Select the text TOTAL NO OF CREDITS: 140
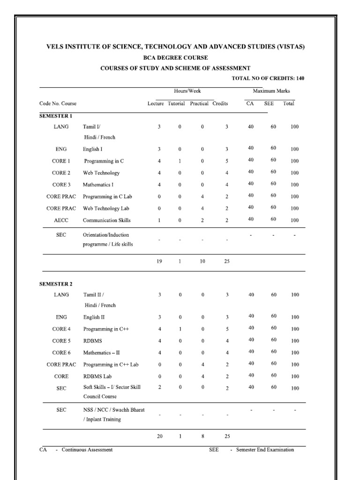268,78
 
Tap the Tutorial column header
176,104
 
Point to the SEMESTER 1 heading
55,116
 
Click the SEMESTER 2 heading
55,284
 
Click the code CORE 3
61,185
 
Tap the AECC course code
61,220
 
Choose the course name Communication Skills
107,220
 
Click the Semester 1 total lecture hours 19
159,262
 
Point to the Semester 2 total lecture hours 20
159,436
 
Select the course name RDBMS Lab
97,376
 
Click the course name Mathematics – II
105,353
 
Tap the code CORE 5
61,341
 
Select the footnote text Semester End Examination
265,450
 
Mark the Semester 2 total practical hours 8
202,436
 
